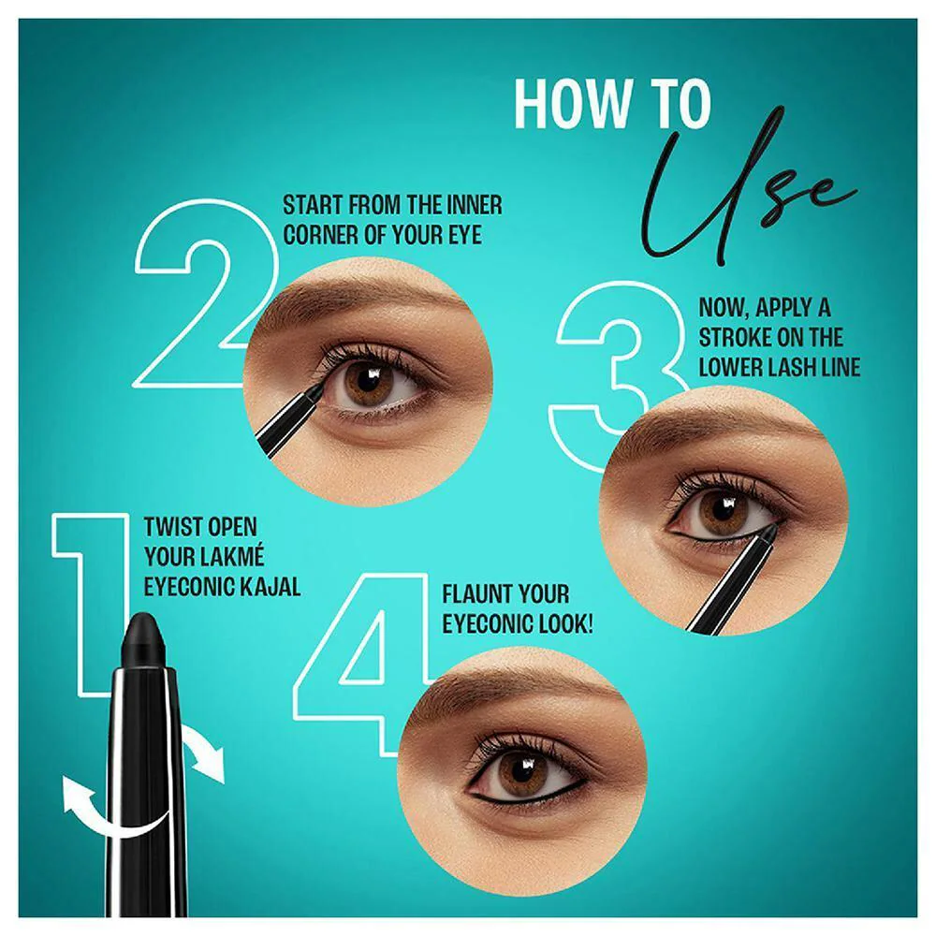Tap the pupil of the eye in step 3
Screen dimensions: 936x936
[x=723, y=509]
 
